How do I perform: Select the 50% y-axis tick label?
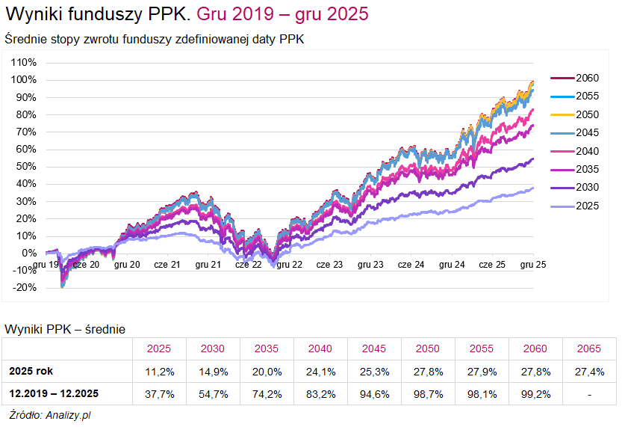[24, 167]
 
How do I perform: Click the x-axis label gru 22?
[289, 265]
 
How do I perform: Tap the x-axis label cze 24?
[411, 265]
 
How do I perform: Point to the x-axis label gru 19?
[46, 265]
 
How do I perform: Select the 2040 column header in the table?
[320, 348]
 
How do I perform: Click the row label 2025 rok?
[31, 371]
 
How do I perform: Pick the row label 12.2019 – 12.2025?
[54, 393]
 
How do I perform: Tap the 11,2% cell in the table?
[158, 371]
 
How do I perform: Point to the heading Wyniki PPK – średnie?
[65, 329]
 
